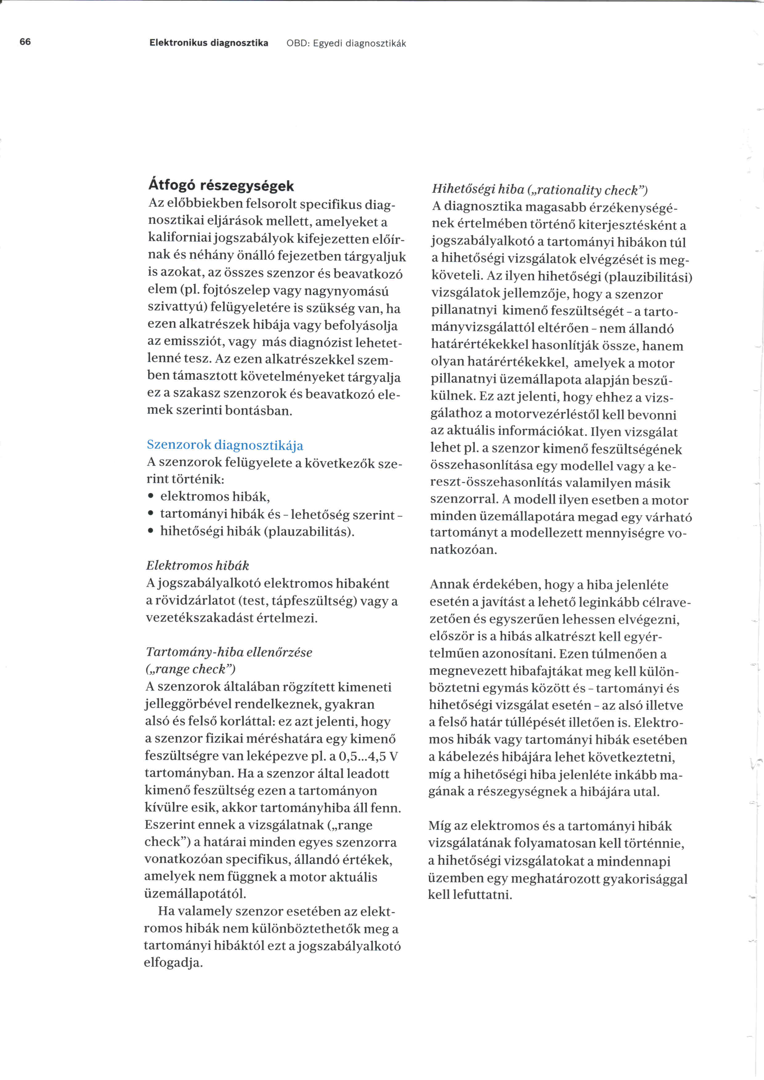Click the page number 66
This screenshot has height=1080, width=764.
[25, 42]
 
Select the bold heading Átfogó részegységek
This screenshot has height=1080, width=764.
[221, 186]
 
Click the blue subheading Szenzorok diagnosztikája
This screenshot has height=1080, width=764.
[225, 445]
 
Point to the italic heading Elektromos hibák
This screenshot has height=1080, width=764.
[197, 565]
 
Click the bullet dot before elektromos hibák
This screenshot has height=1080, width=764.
[150, 497]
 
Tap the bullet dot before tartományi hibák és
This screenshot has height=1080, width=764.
[150, 515]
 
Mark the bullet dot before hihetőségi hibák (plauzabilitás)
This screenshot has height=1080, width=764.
[150, 532]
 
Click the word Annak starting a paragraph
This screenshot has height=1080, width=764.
[449, 585]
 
